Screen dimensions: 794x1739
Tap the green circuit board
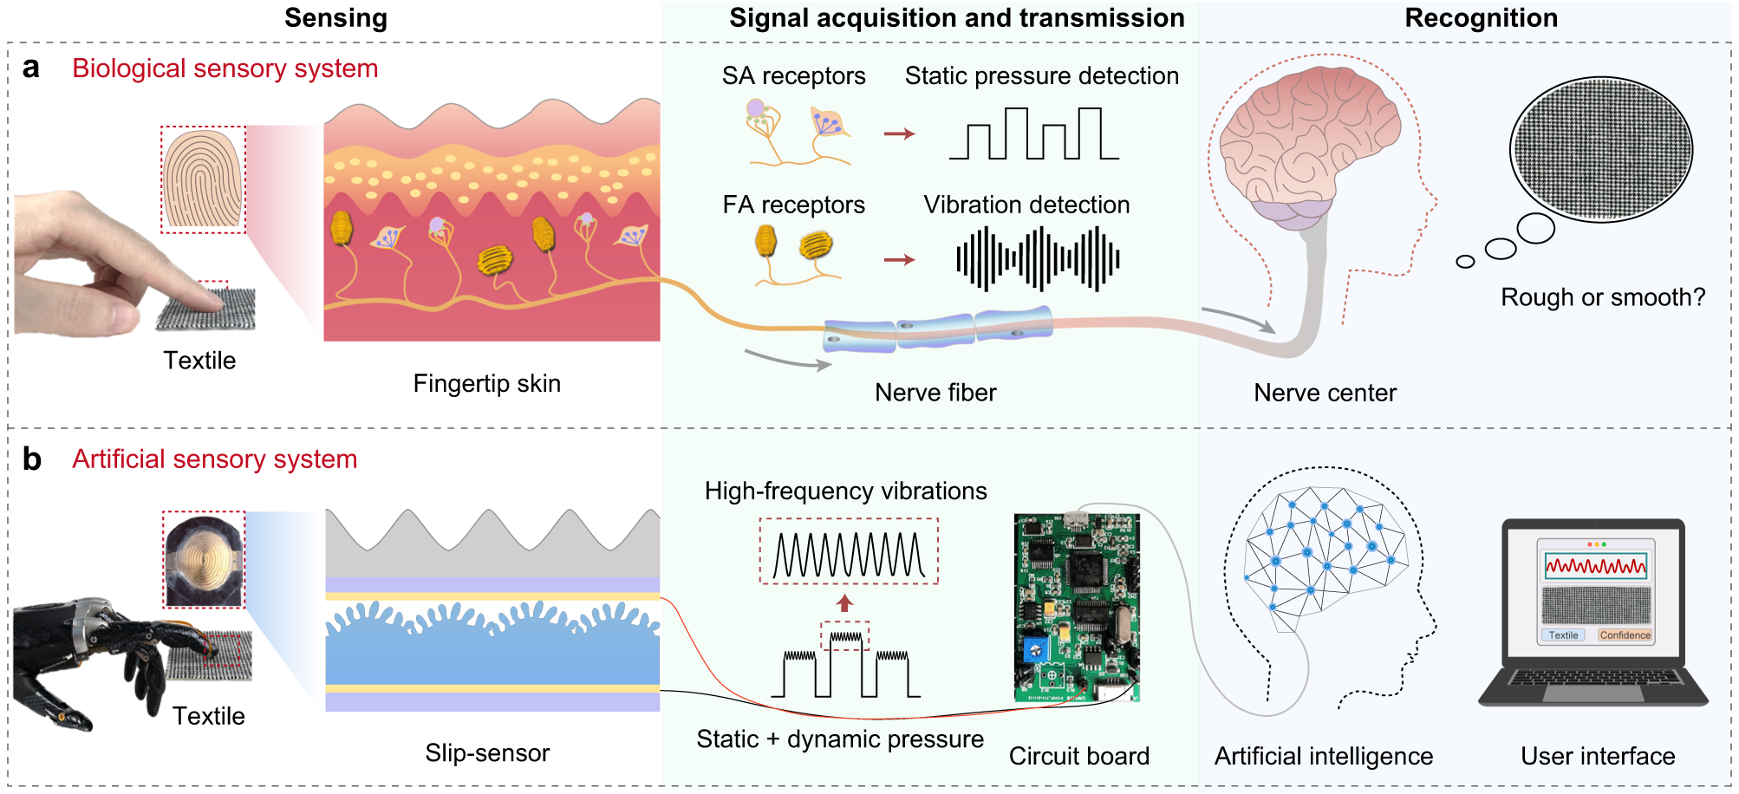[x=1077, y=607]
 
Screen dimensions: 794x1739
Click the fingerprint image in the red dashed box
[x=203, y=179]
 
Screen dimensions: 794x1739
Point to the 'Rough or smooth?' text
[x=1602, y=297]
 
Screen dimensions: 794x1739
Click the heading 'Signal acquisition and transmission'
[x=956, y=18]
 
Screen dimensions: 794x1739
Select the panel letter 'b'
[x=32, y=459]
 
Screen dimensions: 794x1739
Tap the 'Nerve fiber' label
[x=935, y=393]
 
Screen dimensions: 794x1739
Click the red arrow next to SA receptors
[x=899, y=133]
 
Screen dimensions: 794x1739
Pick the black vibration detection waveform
[x=1038, y=258]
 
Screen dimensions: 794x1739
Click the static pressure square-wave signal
[x=1033, y=134]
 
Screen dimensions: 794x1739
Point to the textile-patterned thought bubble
[x=1600, y=149]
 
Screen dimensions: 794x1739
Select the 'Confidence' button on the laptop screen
[x=1625, y=635]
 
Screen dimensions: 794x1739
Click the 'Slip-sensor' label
[x=487, y=752]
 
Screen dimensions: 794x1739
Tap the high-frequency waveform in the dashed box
[x=849, y=553]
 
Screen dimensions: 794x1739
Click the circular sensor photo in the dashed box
[x=204, y=560]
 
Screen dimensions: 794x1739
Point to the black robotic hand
[x=95, y=659]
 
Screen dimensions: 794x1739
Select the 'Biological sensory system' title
[x=225, y=68]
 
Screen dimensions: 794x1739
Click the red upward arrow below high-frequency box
[x=845, y=602]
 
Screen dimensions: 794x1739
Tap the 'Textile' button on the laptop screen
[x=1563, y=635]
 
